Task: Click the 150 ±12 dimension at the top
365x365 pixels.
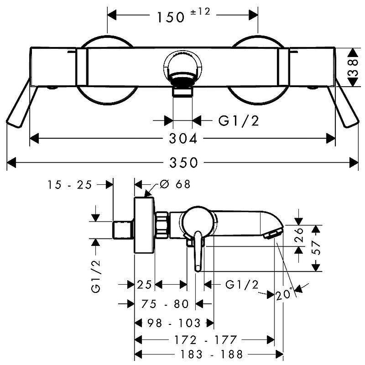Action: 183,16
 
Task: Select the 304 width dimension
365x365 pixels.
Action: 183,139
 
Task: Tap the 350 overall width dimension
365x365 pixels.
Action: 184,162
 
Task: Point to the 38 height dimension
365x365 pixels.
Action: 353,68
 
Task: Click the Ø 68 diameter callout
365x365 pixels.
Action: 175,184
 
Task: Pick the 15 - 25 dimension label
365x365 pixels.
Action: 70,185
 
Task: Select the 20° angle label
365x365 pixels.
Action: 284,294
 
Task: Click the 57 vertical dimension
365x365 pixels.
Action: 316,248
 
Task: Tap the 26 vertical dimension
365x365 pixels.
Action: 298,235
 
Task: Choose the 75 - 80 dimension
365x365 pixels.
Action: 165,304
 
